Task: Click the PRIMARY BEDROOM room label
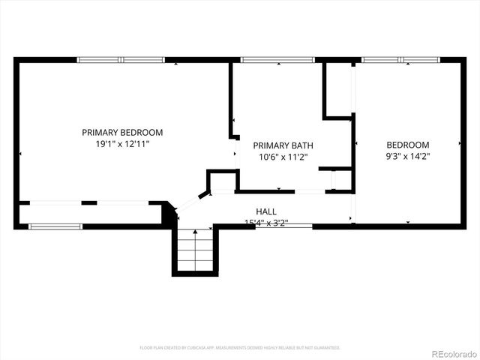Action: (x=122, y=132)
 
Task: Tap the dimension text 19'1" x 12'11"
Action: (x=122, y=143)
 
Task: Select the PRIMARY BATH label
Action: (x=283, y=145)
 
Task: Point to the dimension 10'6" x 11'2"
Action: (x=283, y=157)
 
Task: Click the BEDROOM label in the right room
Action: (x=407, y=145)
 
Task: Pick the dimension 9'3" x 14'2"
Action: (x=407, y=156)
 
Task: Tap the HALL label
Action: (x=266, y=211)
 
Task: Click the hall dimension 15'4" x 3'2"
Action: (x=266, y=222)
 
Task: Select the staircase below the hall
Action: (x=196, y=250)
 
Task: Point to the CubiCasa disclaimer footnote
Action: (x=240, y=347)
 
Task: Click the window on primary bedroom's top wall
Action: (x=121, y=59)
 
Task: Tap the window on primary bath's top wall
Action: (x=277, y=59)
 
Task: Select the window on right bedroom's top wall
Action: (x=401, y=59)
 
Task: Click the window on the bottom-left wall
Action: (x=55, y=226)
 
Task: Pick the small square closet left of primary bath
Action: (x=223, y=181)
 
